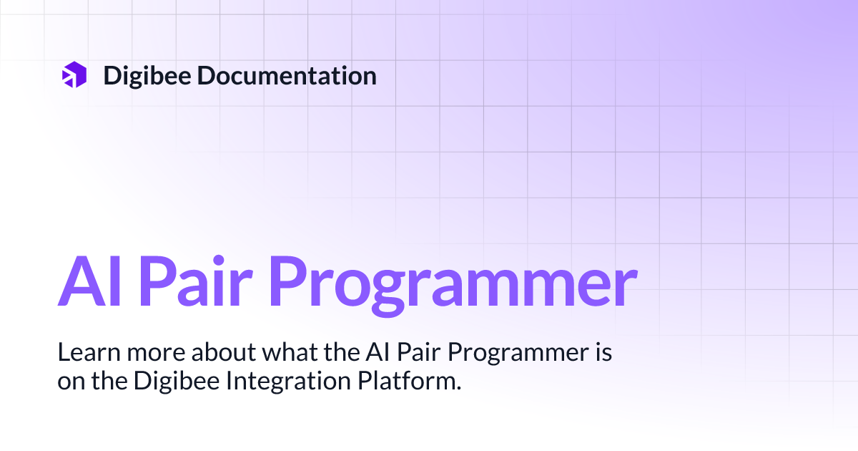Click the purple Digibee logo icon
pyautogui.click(x=74, y=75)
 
